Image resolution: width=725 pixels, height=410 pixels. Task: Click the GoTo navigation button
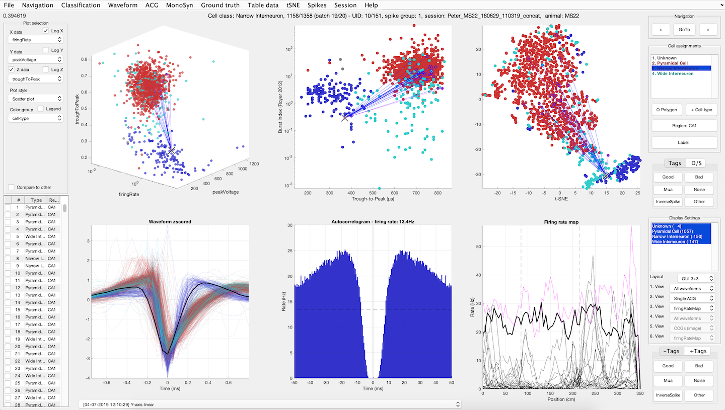tap(684, 30)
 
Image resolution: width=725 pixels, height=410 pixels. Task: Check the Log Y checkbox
tap(46, 50)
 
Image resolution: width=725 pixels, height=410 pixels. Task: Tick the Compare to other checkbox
tap(13, 187)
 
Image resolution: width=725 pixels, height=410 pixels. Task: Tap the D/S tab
tap(697, 163)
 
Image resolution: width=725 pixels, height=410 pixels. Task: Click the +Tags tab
tap(697, 351)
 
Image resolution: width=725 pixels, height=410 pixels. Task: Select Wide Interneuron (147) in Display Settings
tap(678, 242)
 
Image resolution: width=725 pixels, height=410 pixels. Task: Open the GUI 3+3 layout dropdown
tap(691, 278)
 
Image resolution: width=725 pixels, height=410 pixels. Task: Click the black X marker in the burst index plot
tap(345, 118)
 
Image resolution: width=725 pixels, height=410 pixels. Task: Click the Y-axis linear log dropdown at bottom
tap(270, 404)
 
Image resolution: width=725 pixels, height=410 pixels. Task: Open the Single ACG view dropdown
tap(691, 298)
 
